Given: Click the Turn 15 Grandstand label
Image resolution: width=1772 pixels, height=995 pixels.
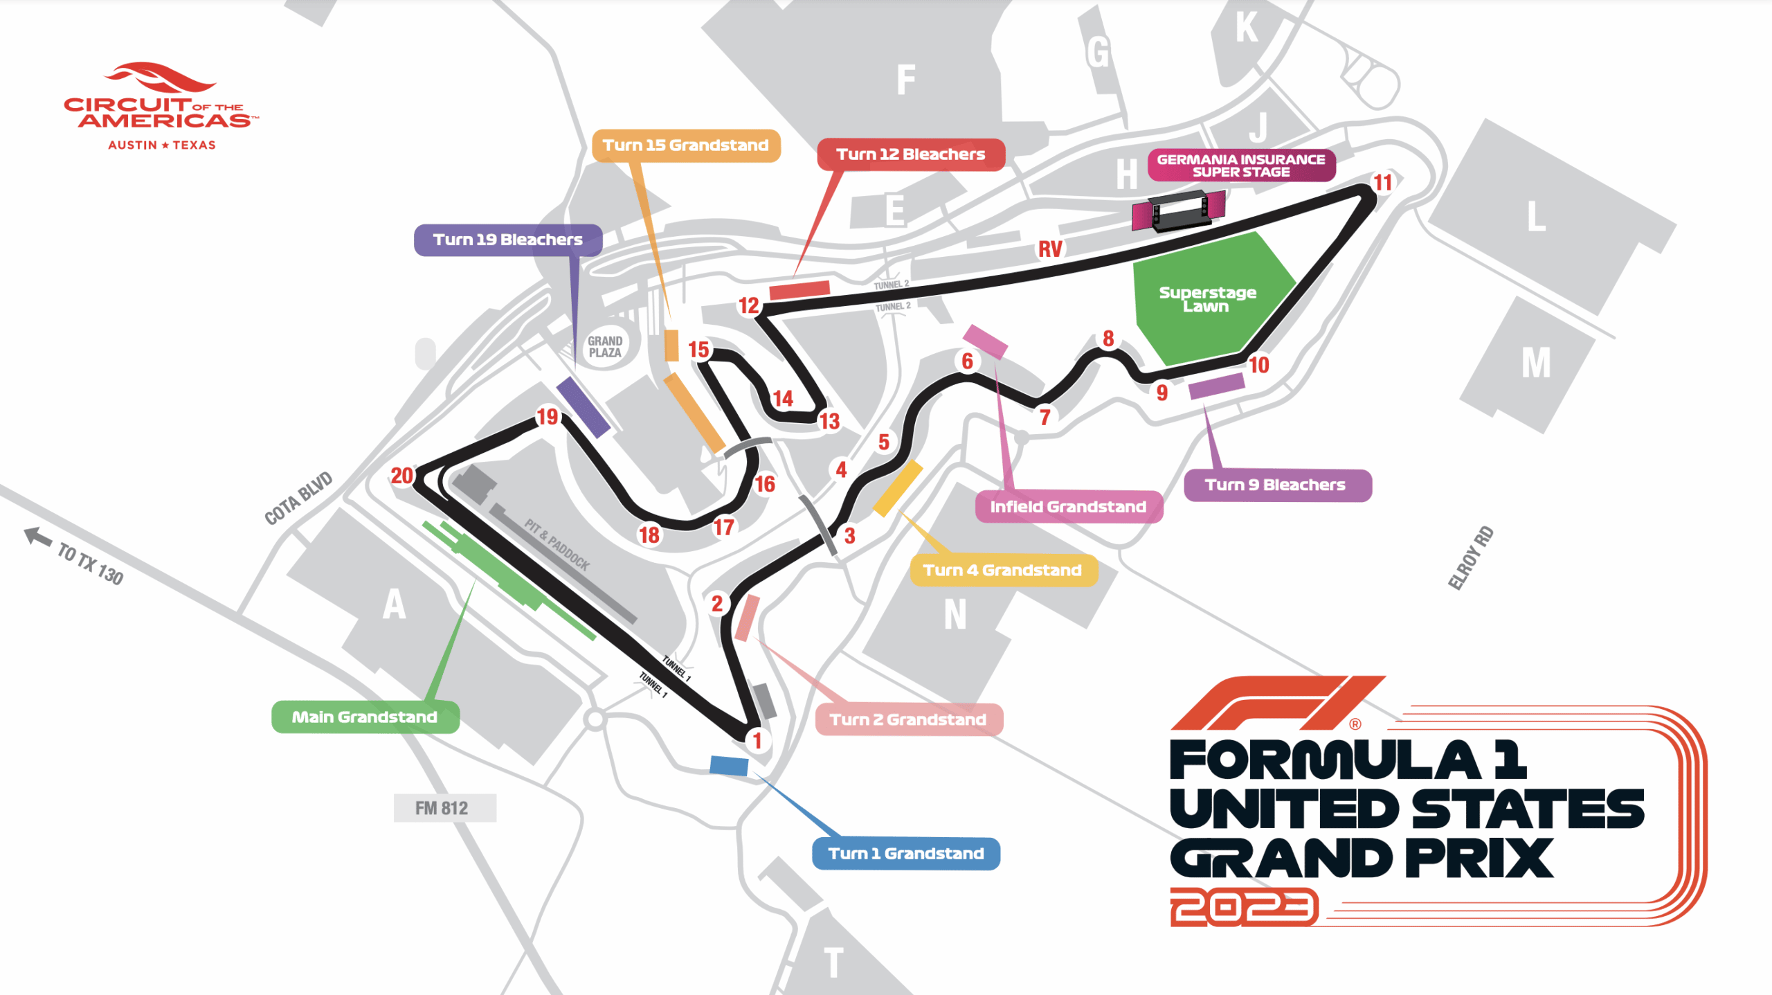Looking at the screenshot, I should click(x=685, y=145).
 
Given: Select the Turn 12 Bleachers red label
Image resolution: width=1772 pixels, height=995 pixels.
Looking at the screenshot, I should click(x=910, y=154).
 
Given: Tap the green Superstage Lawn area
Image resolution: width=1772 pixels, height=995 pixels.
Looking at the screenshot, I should click(x=1207, y=300).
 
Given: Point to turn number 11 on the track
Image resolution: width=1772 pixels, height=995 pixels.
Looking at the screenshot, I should click(x=1382, y=183).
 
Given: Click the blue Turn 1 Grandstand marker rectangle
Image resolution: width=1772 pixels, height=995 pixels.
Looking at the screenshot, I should click(x=729, y=766).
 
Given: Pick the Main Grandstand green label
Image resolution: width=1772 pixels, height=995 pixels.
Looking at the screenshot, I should click(x=365, y=717).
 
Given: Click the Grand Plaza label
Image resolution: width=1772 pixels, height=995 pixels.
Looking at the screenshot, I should click(x=605, y=347).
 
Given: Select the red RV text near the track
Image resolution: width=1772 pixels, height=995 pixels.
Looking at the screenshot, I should click(x=1049, y=249).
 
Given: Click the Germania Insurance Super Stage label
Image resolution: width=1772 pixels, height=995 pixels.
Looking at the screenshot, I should click(x=1240, y=165).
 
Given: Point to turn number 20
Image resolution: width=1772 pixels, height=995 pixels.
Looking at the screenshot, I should click(x=401, y=476).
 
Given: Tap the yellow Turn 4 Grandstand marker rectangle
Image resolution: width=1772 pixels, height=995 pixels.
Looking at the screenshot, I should click(x=897, y=489).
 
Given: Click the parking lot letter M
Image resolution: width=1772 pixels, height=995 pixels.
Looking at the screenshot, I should click(x=1536, y=364).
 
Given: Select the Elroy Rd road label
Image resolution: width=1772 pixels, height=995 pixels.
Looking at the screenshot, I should click(x=1471, y=558).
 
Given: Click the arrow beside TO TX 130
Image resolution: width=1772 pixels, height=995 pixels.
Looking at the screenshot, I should click(x=38, y=537).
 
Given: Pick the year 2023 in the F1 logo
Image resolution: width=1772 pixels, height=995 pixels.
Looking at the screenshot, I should click(x=1244, y=907).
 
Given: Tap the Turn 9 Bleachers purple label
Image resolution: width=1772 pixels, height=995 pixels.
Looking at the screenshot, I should click(x=1277, y=485).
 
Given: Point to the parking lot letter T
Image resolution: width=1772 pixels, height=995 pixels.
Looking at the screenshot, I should click(x=834, y=962).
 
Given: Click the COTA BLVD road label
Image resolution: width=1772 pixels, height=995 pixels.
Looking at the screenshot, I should click(x=299, y=499).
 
